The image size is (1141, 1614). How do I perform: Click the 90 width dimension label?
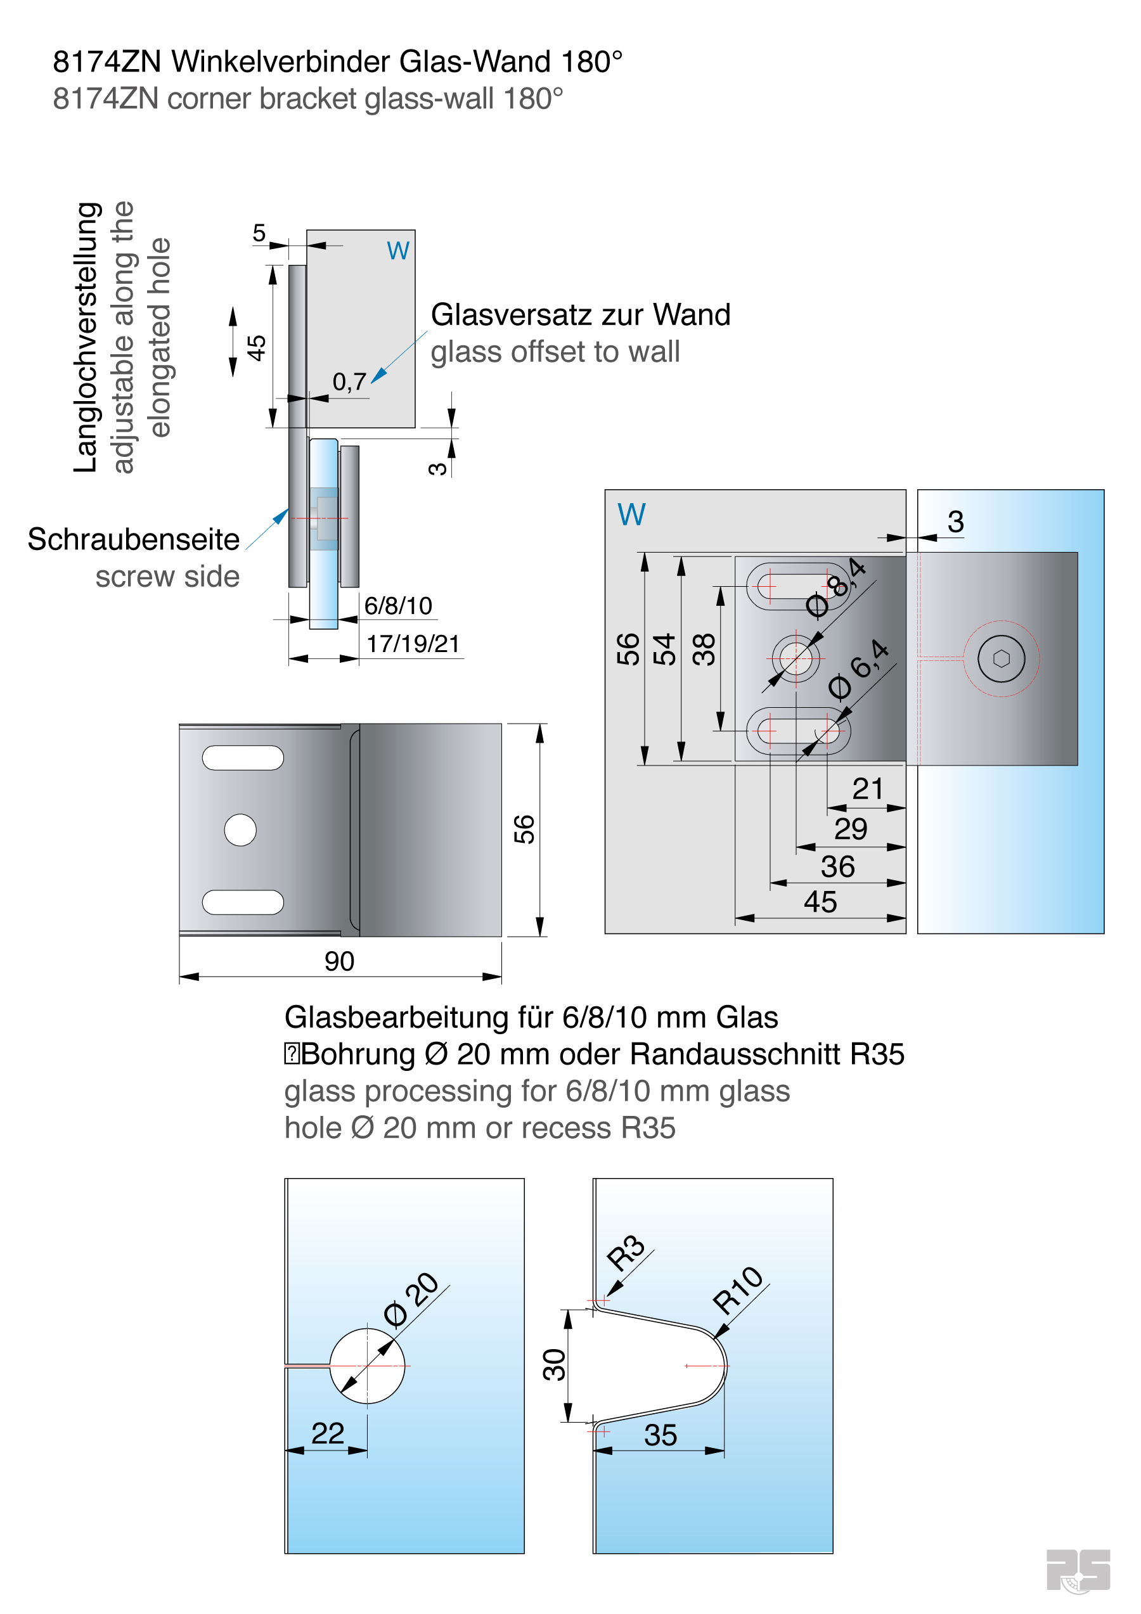[x=339, y=961]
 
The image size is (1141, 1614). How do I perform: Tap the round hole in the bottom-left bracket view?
[x=240, y=830]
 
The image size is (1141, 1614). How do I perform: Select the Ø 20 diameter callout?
[x=411, y=1300]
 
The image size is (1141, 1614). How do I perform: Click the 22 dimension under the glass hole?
[x=328, y=1433]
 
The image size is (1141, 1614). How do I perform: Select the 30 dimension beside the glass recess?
[x=555, y=1364]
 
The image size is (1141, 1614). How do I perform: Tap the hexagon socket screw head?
[x=1001, y=658]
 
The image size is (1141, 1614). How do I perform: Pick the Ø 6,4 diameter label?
[x=858, y=670]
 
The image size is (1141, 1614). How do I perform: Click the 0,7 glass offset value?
[x=349, y=381]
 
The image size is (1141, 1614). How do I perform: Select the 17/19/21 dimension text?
[x=413, y=643]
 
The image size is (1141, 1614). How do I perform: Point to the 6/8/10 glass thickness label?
[x=398, y=605]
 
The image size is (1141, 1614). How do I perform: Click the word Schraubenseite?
[x=134, y=539]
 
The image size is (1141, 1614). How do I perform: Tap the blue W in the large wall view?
[x=631, y=515]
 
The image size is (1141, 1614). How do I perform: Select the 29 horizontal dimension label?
[x=851, y=829]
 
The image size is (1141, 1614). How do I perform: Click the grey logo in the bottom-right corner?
[x=1078, y=1570]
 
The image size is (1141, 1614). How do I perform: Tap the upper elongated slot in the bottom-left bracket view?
[x=243, y=758]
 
